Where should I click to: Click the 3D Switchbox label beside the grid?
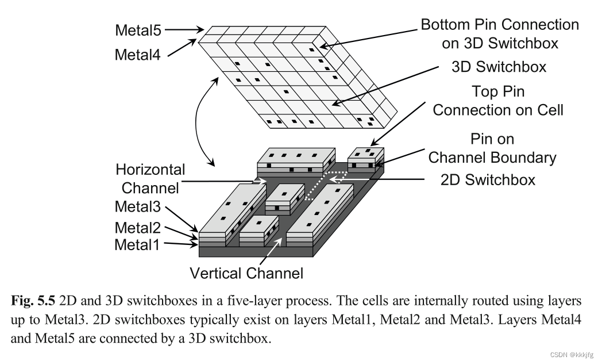[498, 67]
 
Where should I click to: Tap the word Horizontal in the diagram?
[150, 170]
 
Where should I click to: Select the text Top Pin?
[498, 92]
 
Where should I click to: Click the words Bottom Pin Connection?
[499, 25]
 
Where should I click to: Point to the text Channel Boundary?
[492, 157]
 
